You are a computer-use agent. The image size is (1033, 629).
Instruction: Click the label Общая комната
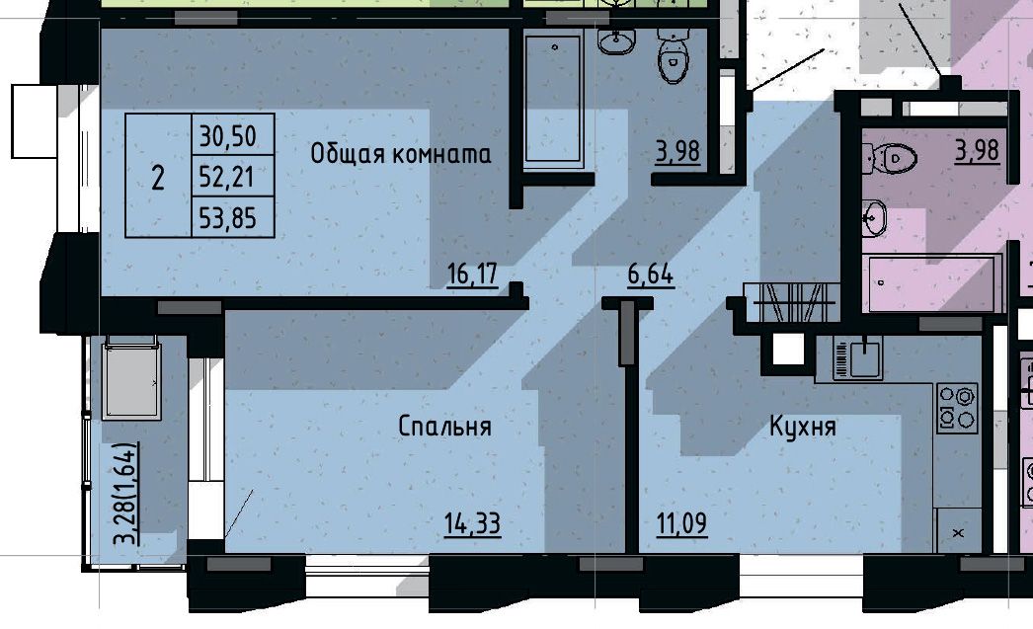pyautogui.click(x=401, y=154)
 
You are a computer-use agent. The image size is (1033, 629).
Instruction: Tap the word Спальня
pyautogui.click(x=445, y=427)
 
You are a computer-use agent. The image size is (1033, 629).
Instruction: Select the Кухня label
pyautogui.click(x=803, y=427)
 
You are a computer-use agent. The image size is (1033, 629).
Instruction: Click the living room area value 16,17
pyautogui.click(x=472, y=274)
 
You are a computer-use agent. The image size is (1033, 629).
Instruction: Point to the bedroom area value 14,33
pyautogui.click(x=472, y=524)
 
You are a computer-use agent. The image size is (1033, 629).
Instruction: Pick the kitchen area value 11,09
pyautogui.click(x=681, y=524)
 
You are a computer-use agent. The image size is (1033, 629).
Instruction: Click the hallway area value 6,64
pyautogui.click(x=650, y=274)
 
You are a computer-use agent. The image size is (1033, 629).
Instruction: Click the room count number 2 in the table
pyautogui.click(x=157, y=178)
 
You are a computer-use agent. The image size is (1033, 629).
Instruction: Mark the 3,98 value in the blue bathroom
pyautogui.click(x=677, y=151)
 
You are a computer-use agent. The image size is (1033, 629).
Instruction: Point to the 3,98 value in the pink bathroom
pyautogui.click(x=978, y=150)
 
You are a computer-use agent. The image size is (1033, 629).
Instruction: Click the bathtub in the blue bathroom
pyautogui.click(x=553, y=99)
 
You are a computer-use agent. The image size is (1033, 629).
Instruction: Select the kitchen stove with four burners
pyautogui.click(x=958, y=409)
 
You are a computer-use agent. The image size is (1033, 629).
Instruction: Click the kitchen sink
pyautogui.click(x=858, y=358)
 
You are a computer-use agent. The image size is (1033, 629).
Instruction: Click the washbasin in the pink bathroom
pyautogui.click(x=875, y=218)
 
